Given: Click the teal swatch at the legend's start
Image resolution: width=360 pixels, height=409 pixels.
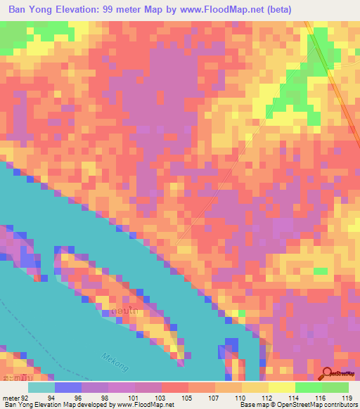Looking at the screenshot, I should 41,387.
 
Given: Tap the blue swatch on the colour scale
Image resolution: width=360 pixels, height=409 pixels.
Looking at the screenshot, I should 68,387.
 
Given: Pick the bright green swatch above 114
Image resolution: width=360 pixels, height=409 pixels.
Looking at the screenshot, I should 309,387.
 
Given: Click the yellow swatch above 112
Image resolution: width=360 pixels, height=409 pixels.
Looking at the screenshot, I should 255,387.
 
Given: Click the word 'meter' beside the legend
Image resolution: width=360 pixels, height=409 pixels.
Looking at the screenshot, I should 11,398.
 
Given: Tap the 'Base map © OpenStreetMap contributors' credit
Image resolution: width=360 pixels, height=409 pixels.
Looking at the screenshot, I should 295,405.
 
